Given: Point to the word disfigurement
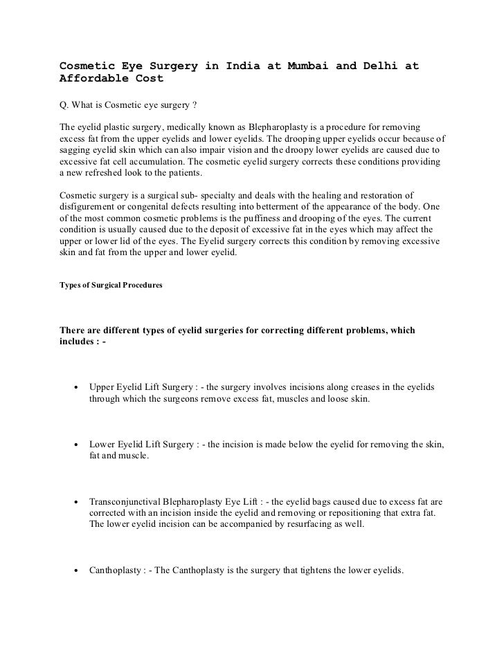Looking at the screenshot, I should [91, 206].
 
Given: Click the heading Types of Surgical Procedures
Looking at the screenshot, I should [111, 285].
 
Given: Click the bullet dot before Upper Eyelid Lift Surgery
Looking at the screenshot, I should [74, 388].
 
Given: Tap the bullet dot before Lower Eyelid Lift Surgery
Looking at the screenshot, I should [74, 445].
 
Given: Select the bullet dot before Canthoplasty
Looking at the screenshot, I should [74, 572].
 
